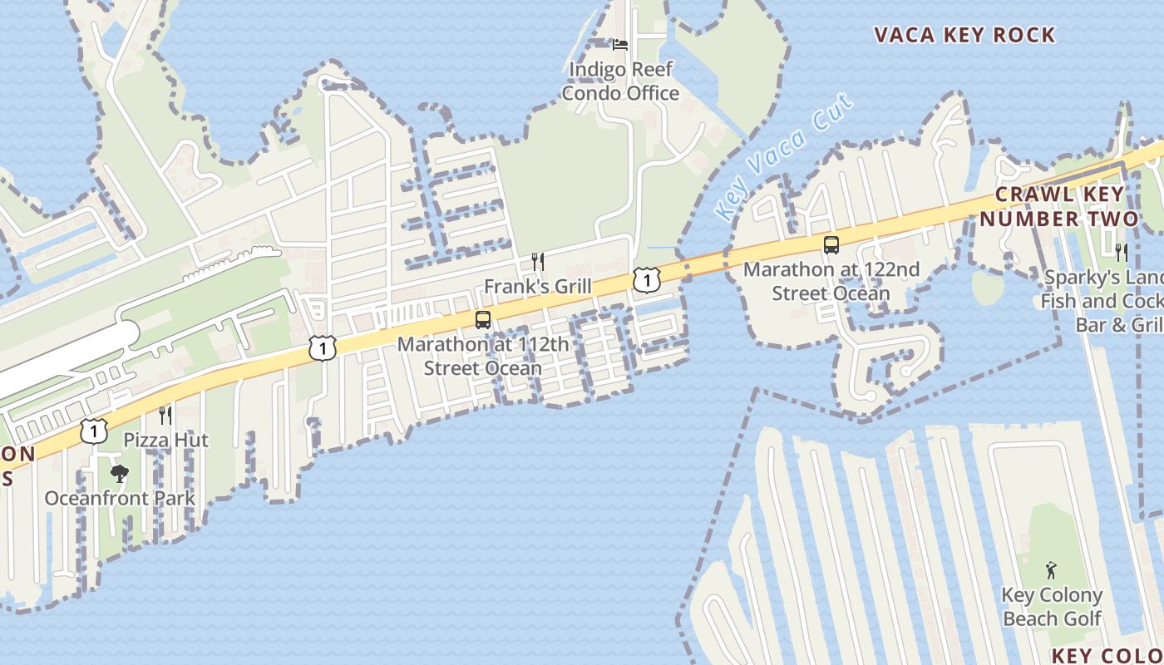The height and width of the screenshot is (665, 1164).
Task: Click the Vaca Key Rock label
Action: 964,35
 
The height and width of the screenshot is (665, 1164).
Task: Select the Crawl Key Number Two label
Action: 1058,206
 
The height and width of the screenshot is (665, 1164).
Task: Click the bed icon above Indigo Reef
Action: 620,44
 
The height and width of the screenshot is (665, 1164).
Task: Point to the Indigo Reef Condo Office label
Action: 620,81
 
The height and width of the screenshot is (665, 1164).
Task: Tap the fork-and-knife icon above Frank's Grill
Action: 538,262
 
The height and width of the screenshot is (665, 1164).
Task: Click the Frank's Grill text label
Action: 538,287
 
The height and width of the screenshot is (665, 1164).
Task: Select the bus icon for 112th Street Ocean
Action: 483,319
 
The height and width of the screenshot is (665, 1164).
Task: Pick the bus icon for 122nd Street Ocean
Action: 831,244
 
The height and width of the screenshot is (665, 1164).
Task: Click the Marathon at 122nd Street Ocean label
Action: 831,281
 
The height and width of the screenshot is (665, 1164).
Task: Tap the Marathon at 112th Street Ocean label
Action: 483,356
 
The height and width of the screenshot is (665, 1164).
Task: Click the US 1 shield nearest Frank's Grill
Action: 646,279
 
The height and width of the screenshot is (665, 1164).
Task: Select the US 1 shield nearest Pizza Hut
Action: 95,431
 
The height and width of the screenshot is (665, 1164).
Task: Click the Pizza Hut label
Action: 166,440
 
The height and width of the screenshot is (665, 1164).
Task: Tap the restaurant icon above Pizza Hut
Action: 165,415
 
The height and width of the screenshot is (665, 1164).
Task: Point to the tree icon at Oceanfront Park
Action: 120,474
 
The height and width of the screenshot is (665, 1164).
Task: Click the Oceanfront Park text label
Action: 120,499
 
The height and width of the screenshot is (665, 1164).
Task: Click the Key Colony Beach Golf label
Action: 1052,607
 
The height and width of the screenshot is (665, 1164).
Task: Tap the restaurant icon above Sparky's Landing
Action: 1122,252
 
